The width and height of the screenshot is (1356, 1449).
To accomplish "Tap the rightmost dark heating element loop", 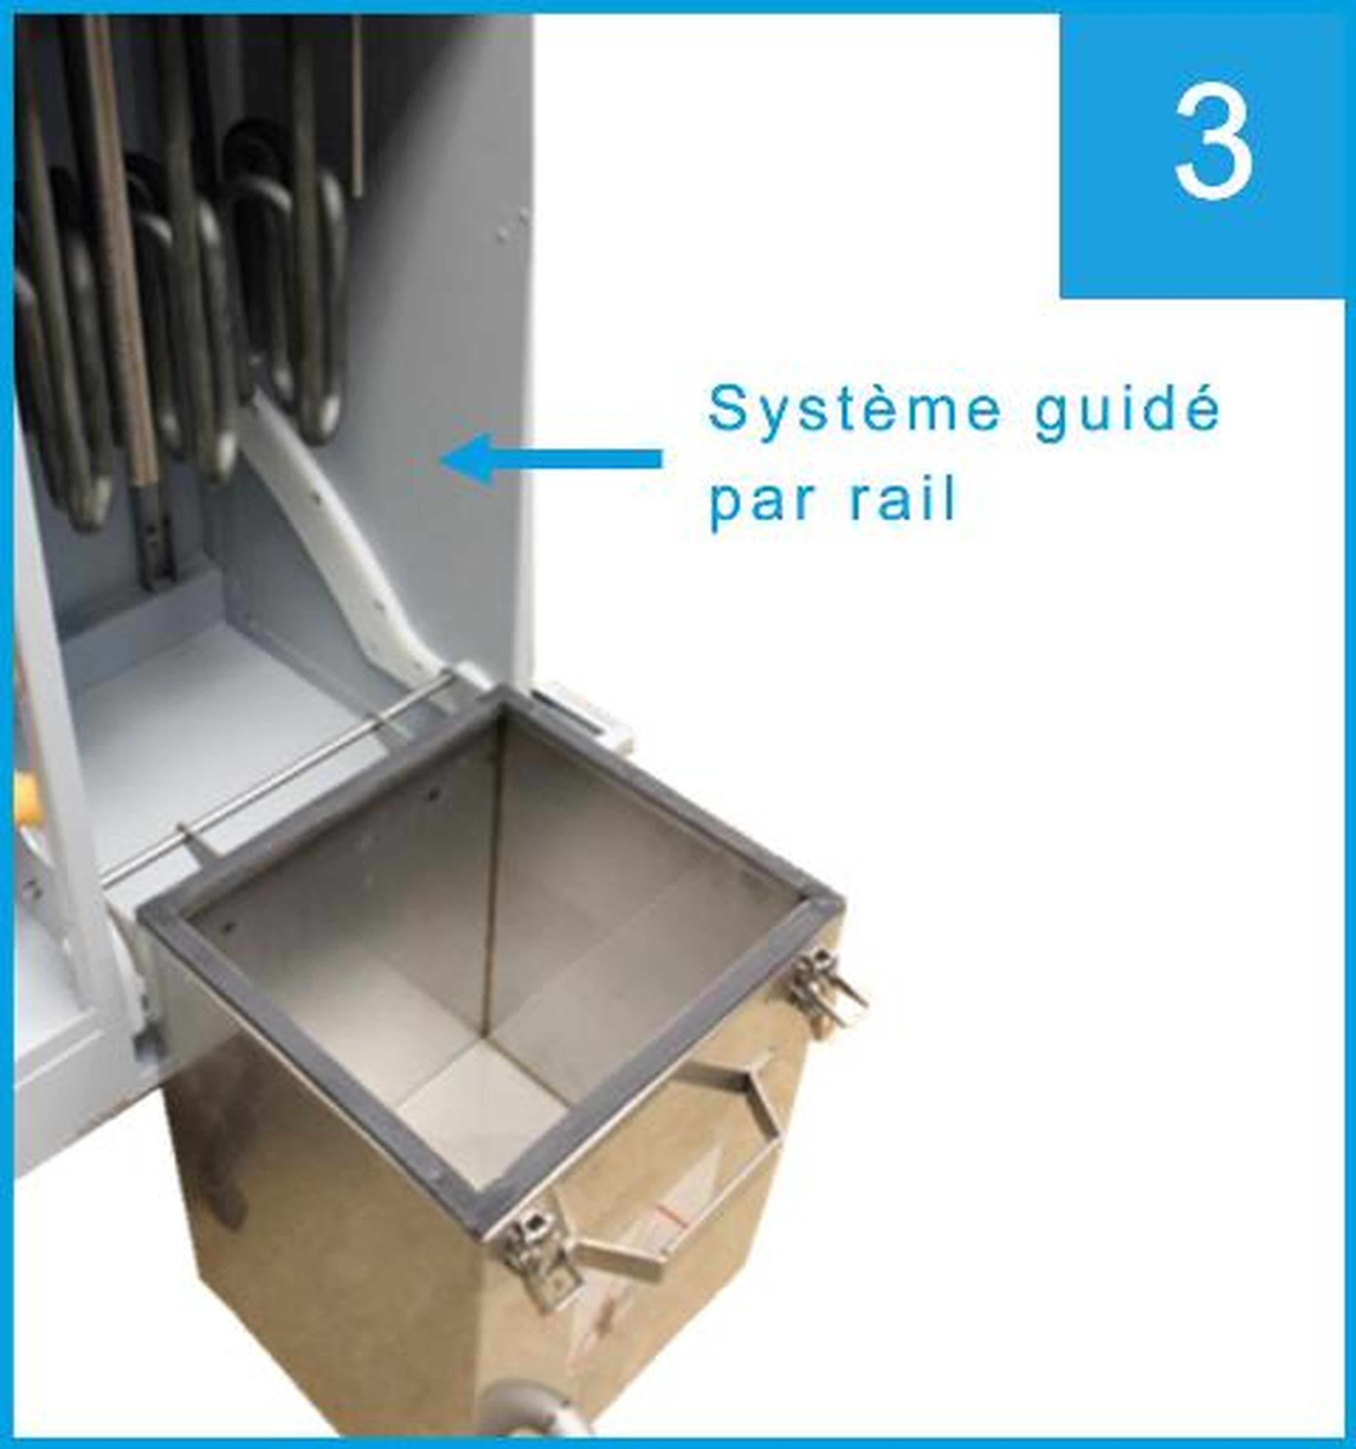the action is (321, 292).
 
